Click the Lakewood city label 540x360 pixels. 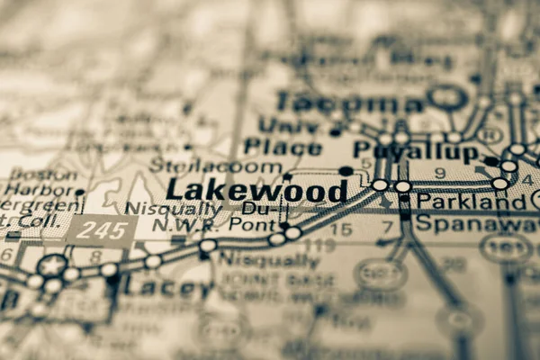coord(257,191)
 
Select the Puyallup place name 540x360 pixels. coord(415,151)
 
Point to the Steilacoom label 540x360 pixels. coord(215,166)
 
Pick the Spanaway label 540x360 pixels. coord(476,224)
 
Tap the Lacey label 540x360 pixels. coord(168,288)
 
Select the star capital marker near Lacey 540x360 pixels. coord(53,266)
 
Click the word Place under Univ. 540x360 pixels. coord(283,147)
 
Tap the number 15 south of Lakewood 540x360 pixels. coord(340,229)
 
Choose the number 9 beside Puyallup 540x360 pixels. coord(440,173)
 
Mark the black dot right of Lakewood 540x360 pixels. coord(346,171)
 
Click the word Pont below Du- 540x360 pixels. coord(249,226)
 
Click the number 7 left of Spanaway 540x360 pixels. coord(388,227)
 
